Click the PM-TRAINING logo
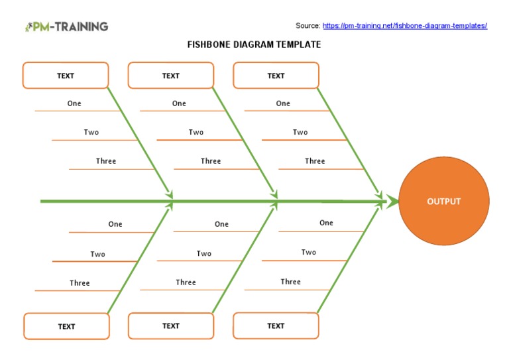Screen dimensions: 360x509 [66, 27]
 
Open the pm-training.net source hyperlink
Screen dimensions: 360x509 [404, 26]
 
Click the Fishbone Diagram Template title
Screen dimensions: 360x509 [254, 44]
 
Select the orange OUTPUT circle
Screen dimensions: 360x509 [444, 202]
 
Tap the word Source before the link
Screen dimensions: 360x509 [308, 26]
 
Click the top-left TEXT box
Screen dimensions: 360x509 [66, 76]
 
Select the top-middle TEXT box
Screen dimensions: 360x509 [171, 76]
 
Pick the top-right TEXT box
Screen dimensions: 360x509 [276, 76]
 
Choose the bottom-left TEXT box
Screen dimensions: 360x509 [66, 326]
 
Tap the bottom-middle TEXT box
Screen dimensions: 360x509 [171, 326]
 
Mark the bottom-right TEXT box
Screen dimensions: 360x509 [276, 326]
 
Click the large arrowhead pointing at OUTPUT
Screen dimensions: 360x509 [392, 201]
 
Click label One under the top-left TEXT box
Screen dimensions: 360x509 [74, 103]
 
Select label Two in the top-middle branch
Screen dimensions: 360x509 [196, 133]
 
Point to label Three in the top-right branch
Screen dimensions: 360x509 [315, 161]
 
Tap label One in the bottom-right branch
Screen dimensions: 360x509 [326, 223]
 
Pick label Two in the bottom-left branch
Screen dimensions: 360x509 [98, 255]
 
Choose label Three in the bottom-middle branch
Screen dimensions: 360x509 [186, 282]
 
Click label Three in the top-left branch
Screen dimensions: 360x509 [106, 161]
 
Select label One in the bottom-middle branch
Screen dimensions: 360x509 [221, 224]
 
